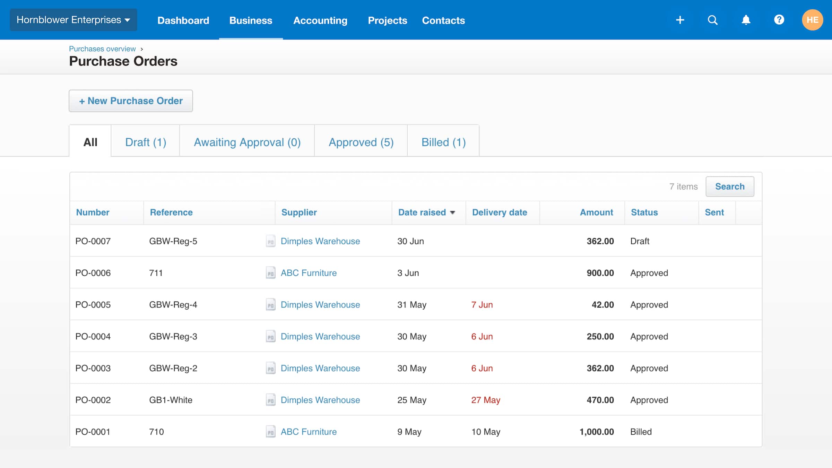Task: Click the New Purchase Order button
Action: [131, 101]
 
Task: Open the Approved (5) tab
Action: [361, 142]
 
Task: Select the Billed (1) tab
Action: [443, 142]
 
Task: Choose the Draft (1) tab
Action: [146, 142]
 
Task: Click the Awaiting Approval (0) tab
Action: [247, 142]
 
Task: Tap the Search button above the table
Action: [730, 187]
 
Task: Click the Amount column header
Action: [596, 213]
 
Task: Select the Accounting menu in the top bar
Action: [320, 20]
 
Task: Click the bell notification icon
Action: [746, 20]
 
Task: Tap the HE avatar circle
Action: [812, 20]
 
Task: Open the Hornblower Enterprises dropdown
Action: [73, 20]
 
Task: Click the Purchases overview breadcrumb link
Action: [102, 49]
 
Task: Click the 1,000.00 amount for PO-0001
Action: [596, 432]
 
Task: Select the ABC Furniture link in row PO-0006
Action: [309, 273]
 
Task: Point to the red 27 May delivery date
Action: [485, 400]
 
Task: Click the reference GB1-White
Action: [171, 400]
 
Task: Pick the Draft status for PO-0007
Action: [640, 241]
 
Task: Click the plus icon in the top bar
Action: [680, 20]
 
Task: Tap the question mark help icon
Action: [779, 20]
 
